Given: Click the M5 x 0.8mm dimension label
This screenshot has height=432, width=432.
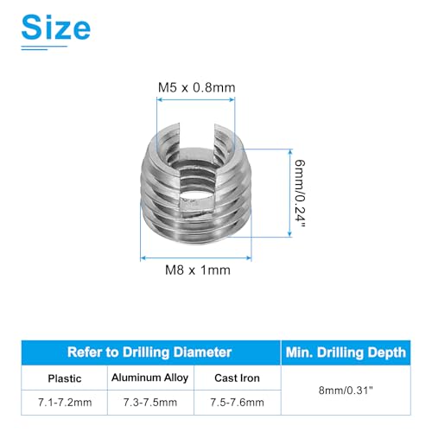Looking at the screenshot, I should point(196,87).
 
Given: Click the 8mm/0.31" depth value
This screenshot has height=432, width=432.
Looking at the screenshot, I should point(345,389).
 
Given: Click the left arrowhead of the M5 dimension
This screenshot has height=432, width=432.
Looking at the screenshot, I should point(158,101).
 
